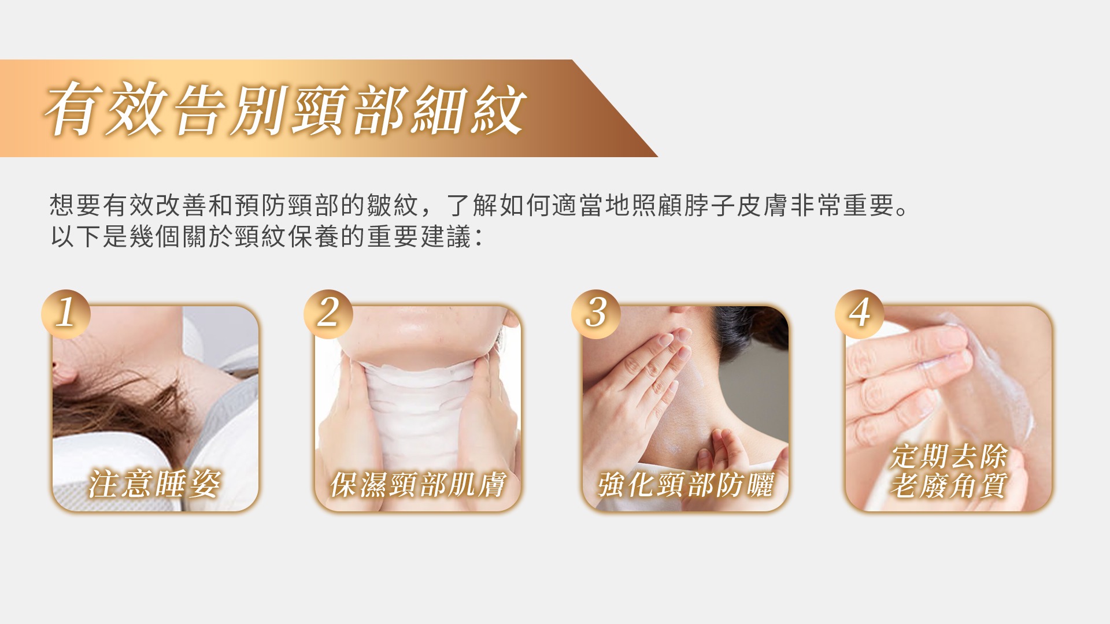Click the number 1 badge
tap(66, 314)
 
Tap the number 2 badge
tap(328, 314)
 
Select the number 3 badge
tap(596, 314)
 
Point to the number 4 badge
tap(859, 314)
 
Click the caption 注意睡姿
tap(154, 484)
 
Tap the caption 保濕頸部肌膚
tap(417, 484)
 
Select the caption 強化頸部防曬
tap(685, 484)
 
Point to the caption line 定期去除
tap(949, 456)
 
